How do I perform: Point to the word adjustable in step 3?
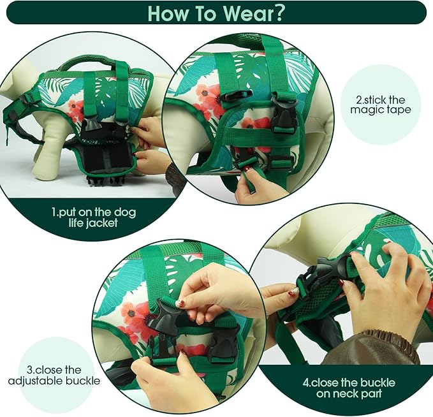click(x=35, y=381)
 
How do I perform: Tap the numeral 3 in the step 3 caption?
click(x=30, y=370)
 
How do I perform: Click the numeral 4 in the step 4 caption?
click(x=306, y=383)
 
